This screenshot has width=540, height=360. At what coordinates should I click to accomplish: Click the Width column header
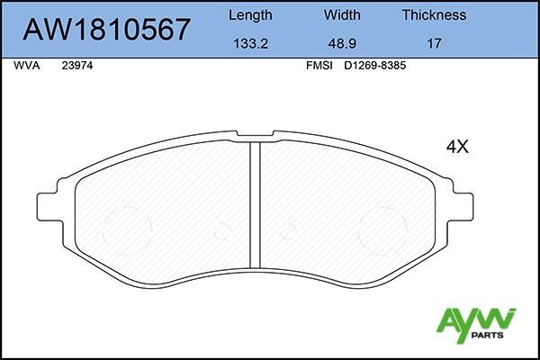(x=342, y=14)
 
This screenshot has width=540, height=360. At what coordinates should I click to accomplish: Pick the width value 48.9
(x=342, y=42)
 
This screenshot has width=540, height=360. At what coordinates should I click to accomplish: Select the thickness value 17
(x=434, y=42)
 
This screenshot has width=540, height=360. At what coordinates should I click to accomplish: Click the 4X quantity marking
(x=459, y=147)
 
